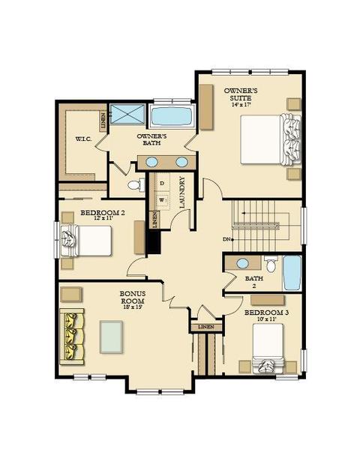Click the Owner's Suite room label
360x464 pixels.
coord(241,94)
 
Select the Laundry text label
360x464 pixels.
coord(181,192)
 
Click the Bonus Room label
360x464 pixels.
coord(132,298)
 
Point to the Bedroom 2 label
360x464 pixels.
coord(103,212)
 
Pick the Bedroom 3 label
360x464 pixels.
coord(267,313)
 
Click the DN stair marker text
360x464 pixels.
coord(226,239)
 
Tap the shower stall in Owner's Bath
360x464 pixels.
coord(127,114)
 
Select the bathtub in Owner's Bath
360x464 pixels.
coord(172,116)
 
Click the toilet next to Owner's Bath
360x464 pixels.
coord(136,185)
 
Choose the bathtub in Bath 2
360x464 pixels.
coord(292,273)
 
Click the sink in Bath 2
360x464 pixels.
coord(242,263)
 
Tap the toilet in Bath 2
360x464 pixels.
coord(271,264)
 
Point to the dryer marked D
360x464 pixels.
coord(162,184)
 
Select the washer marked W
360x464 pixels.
coord(163,200)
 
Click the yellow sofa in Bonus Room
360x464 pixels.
coord(72,337)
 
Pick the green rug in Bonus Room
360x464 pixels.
coord(111,337)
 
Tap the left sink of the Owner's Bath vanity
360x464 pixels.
coord(151,162)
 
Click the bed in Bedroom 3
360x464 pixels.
coord(268,348)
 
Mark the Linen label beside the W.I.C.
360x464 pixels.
coord(103,121)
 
